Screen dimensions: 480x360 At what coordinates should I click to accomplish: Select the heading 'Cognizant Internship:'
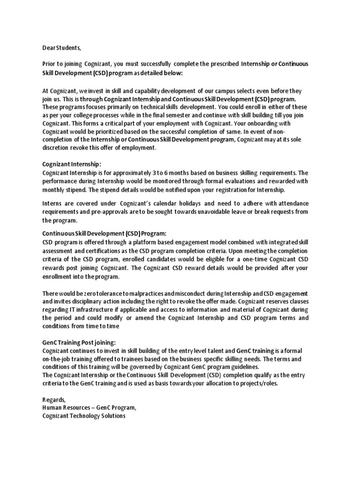[x=71, y=164]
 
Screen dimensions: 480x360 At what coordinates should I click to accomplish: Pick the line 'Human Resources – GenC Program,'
[x=89, y=408]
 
